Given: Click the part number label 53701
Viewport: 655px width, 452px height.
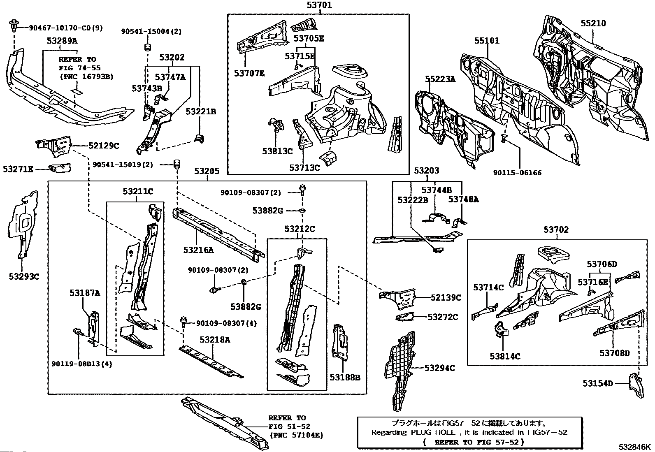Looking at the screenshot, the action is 319,5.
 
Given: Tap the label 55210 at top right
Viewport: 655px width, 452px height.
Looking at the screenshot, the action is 593,23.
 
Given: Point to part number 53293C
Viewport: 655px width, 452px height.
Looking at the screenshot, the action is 24,276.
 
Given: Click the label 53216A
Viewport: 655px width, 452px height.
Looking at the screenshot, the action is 199,250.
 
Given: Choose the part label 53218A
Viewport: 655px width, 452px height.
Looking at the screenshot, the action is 215,340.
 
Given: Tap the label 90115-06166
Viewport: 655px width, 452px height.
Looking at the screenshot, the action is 517,173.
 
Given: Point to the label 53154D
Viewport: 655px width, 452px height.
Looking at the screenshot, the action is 598,383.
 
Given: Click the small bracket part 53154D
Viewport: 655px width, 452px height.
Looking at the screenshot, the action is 636,385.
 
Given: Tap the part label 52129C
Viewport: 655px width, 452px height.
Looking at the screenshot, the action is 104,146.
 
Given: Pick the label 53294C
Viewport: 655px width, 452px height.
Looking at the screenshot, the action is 439,368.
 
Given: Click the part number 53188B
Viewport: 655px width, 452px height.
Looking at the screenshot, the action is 345,378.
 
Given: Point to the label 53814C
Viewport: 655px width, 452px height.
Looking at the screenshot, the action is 505,357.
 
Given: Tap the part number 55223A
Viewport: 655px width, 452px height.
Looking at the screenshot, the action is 440,79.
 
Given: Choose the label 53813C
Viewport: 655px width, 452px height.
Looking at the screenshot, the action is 277,151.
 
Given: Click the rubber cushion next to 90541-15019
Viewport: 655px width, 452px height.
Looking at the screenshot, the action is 177,164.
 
